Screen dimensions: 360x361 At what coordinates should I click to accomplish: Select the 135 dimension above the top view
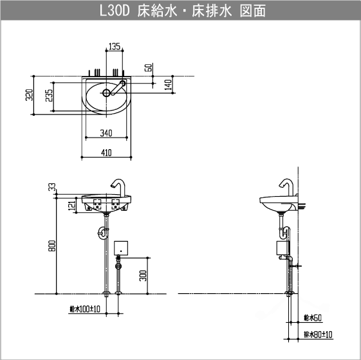(113, 46)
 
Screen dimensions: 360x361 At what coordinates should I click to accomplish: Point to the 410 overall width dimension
(107, 152)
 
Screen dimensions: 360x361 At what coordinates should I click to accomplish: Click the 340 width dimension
(107, 133)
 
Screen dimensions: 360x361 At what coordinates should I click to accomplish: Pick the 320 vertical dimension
(28, 96)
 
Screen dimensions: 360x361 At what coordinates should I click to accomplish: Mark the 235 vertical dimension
(48, 96)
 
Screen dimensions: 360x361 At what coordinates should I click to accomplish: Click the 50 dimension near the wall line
(149, 67)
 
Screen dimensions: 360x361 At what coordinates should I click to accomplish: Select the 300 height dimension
(143, 275)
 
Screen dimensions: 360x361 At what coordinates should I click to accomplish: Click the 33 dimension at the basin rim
(52, 187)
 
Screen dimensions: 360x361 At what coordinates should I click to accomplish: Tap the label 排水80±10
(317, 334)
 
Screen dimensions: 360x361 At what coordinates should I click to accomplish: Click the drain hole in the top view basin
(105, 93)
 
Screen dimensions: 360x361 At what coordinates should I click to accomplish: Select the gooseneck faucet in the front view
(120, 186)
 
